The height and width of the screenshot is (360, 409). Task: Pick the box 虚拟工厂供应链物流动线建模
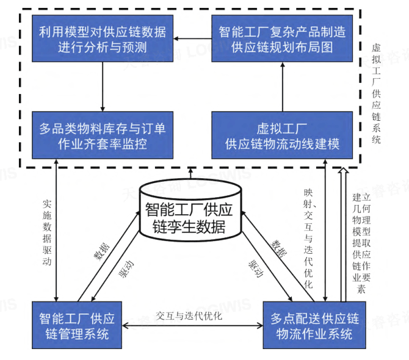(282, 135)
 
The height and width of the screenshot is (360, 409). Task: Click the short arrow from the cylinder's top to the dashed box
(190, 173)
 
